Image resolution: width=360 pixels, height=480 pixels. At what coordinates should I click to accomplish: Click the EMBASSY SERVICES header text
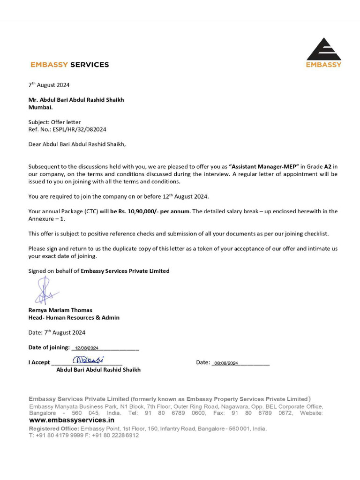click(69, 65)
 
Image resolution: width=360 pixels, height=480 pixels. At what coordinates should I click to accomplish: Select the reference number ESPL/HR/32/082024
click(76, 129)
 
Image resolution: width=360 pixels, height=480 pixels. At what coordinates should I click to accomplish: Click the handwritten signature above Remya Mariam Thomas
click(45, 291)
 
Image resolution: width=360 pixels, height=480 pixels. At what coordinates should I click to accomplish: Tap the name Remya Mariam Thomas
click(60, 310)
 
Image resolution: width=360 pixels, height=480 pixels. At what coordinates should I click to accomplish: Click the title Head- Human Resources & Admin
click(74, 317)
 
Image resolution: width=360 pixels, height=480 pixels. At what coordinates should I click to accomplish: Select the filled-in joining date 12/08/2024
click(83, 348)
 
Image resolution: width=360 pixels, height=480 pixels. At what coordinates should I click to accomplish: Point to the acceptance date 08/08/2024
click(225, 363)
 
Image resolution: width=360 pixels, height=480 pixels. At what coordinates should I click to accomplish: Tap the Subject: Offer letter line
click(54, 122)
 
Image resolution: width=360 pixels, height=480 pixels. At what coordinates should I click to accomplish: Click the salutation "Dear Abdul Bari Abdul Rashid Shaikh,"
click(77, 144)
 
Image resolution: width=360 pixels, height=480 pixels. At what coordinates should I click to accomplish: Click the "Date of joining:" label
click(49, 347)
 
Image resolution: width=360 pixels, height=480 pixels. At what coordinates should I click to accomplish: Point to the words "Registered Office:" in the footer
click(54, 428)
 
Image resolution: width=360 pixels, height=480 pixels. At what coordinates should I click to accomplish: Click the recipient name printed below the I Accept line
click(98, 369)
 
